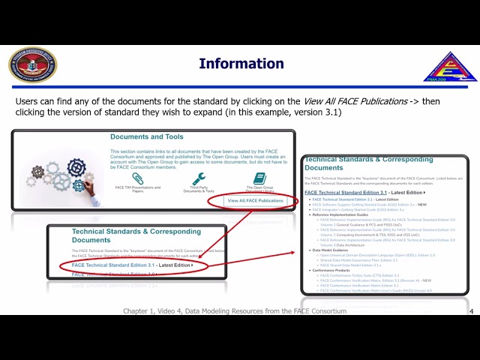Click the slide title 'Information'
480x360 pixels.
pyautogui.click(x=241, y=64)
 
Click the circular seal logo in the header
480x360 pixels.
pyautogui.click(x=32, y=64)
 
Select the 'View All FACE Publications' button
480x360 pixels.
pyautogui.click(x=256, y=200)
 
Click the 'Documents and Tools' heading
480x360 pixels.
pyautogui.click(x=146, y=137)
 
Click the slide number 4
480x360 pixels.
pyautogui.click(x=470, y=311)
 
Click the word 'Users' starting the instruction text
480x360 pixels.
pyautogui.click(x=26, y=100)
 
